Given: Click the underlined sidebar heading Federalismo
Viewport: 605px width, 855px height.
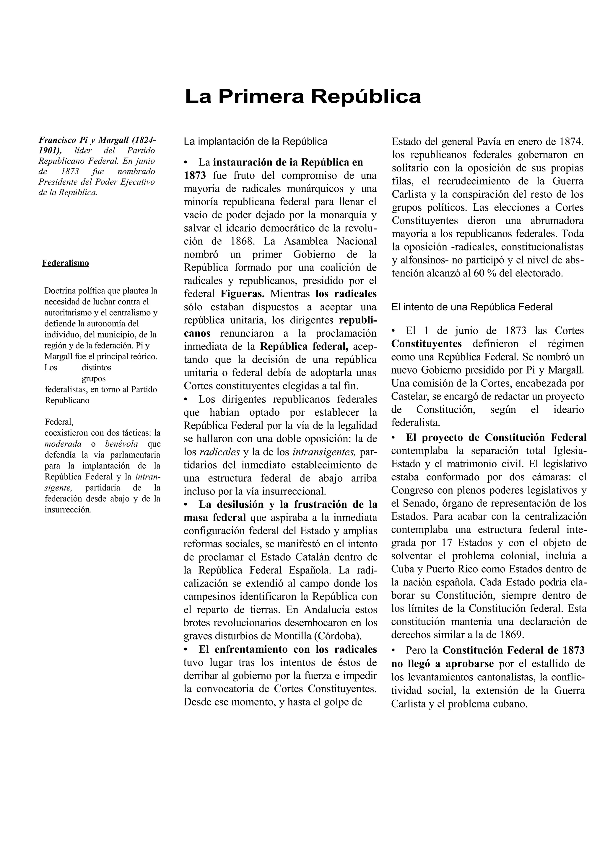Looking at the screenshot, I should [x=65, y=263].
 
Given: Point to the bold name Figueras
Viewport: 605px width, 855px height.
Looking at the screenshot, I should [x=242, y=294].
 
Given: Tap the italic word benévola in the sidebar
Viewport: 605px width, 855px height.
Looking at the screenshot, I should [x=121, y=444].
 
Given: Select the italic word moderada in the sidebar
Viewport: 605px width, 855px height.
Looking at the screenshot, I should [x=63, y=444].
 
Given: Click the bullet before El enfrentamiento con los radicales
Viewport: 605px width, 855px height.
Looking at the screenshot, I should [x=186, y=649].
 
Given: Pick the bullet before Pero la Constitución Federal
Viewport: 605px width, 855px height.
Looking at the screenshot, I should [x=393, y=651].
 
